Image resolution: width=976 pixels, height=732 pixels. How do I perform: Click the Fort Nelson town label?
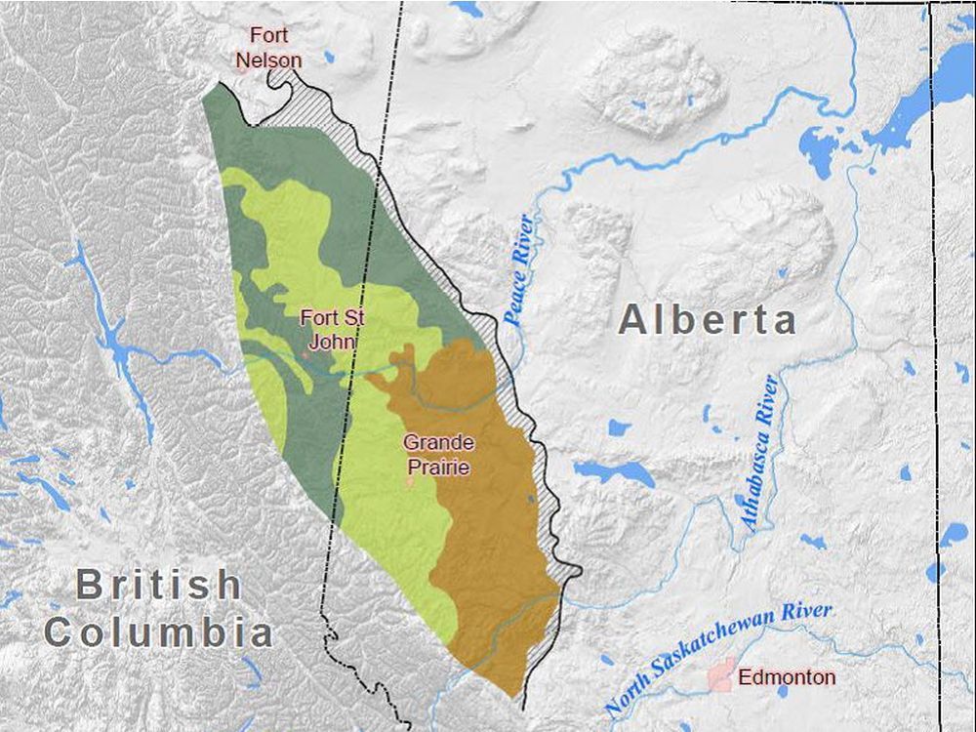point(268,48)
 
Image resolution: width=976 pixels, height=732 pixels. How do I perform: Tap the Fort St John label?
point(332,329)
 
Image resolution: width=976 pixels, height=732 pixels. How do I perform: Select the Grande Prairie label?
point(438,455)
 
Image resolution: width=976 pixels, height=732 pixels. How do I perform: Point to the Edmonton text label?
point(787,676)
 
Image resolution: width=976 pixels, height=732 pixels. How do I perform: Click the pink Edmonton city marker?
point(722,675)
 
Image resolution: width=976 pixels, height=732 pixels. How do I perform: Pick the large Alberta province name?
point(708,320)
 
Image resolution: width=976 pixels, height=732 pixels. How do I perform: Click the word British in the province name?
point(159,586)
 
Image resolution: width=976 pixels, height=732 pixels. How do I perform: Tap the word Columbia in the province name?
point(159,632)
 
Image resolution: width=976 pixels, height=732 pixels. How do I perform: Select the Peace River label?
point(518,268)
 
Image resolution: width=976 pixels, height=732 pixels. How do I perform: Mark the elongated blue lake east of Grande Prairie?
point(615,472)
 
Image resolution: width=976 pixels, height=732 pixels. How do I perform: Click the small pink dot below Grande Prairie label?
point(410,482)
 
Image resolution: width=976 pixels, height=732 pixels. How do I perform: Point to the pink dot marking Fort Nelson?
point(241,68)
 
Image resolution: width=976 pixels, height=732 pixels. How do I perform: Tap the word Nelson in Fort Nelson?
point(268,60)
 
